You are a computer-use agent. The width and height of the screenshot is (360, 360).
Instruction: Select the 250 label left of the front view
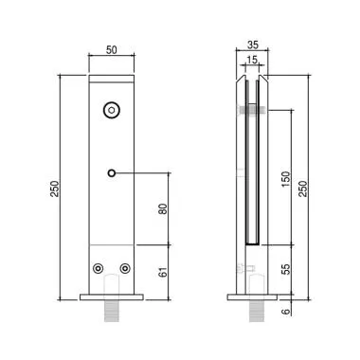(x=56, y=189)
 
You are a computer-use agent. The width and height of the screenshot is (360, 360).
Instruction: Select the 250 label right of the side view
(x=303, y=189)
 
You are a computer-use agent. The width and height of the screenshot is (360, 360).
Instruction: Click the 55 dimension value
(x=285, y=268)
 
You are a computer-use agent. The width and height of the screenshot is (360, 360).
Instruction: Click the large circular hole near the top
(x=112, y=111)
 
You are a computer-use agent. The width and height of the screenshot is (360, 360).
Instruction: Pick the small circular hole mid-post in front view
(x=112, y=172)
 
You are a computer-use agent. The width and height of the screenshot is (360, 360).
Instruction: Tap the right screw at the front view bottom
(x=124, y=269)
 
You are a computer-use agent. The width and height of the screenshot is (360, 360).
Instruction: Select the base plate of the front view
(x=112, y=297)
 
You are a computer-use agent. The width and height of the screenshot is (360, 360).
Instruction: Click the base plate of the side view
(x=252, y=297)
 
